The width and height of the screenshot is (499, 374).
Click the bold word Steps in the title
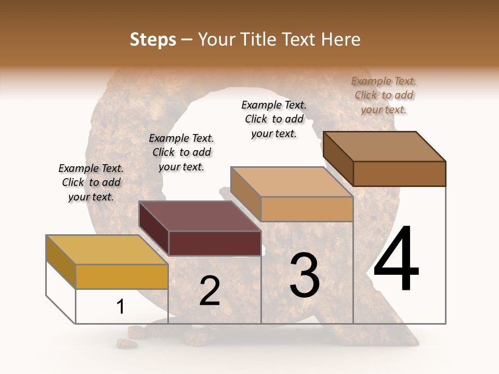pyautogui.click(x=153, y=39)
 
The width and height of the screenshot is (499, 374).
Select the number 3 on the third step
pyautogui.click(x=305, y=275)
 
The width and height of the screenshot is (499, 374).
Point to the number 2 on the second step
pyautogui.click(x=209, y=291)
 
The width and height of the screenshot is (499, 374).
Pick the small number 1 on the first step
pyautogui.click(x=120, y=307)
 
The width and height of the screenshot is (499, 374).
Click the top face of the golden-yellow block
pyautogui.click(x=107, y=250)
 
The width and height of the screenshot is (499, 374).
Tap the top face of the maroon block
pyautogui.click(x=200, y=216)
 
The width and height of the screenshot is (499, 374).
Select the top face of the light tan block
pyautogui.click(x=292, y=182)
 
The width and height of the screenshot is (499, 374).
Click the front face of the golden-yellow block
pyautogui.click(x=122, y=276)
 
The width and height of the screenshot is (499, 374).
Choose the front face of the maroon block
pyautogui.click(x=215, y=243)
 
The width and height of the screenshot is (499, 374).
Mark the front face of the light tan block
pyautogui.click(x=307, y=209)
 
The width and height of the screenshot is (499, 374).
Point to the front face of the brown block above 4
pyautogui.click(x=399, y=173)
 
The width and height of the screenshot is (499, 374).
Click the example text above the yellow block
pyautogui.click(x=91, y=183)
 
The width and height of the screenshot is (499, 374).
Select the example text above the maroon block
pyautogui.click(x=181, y=153)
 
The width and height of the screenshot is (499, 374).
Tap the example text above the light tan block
pyautogui.click(x=274, y=119)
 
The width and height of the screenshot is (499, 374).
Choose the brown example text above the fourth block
pyautogui.click(x=384, y=95)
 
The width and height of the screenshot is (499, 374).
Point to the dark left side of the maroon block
pyautogui.click(x=154, y=229)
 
